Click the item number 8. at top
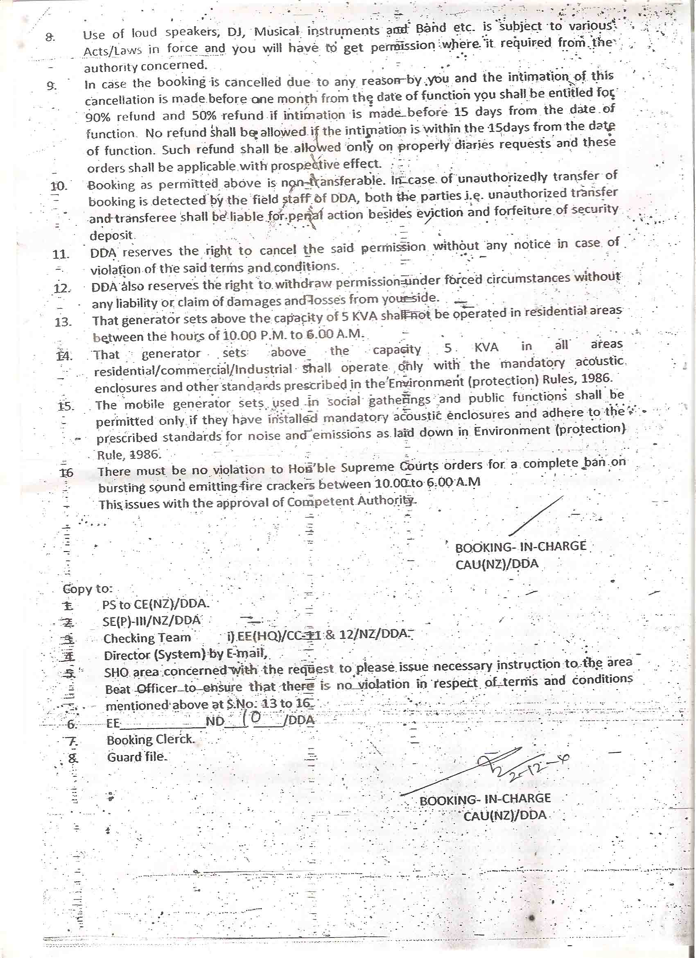[x=50, y=37]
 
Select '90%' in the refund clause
[x=97, y=117]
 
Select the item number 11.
[x=61, y=254]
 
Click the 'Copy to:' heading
[x=88, y=588]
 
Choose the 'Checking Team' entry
[x=147, y=638]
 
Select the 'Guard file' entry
[x=136, y=756]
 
